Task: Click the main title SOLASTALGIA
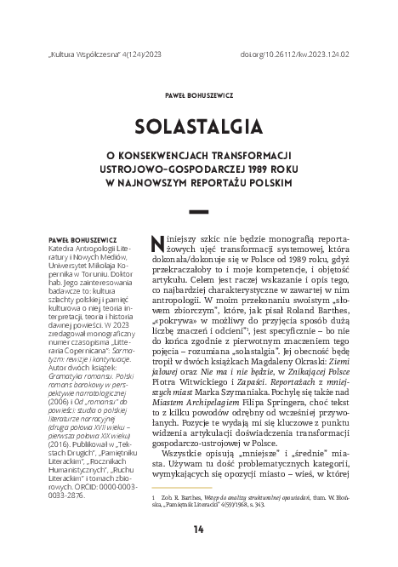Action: tap(199, 127)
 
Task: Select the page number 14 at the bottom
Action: tap(199, 528)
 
